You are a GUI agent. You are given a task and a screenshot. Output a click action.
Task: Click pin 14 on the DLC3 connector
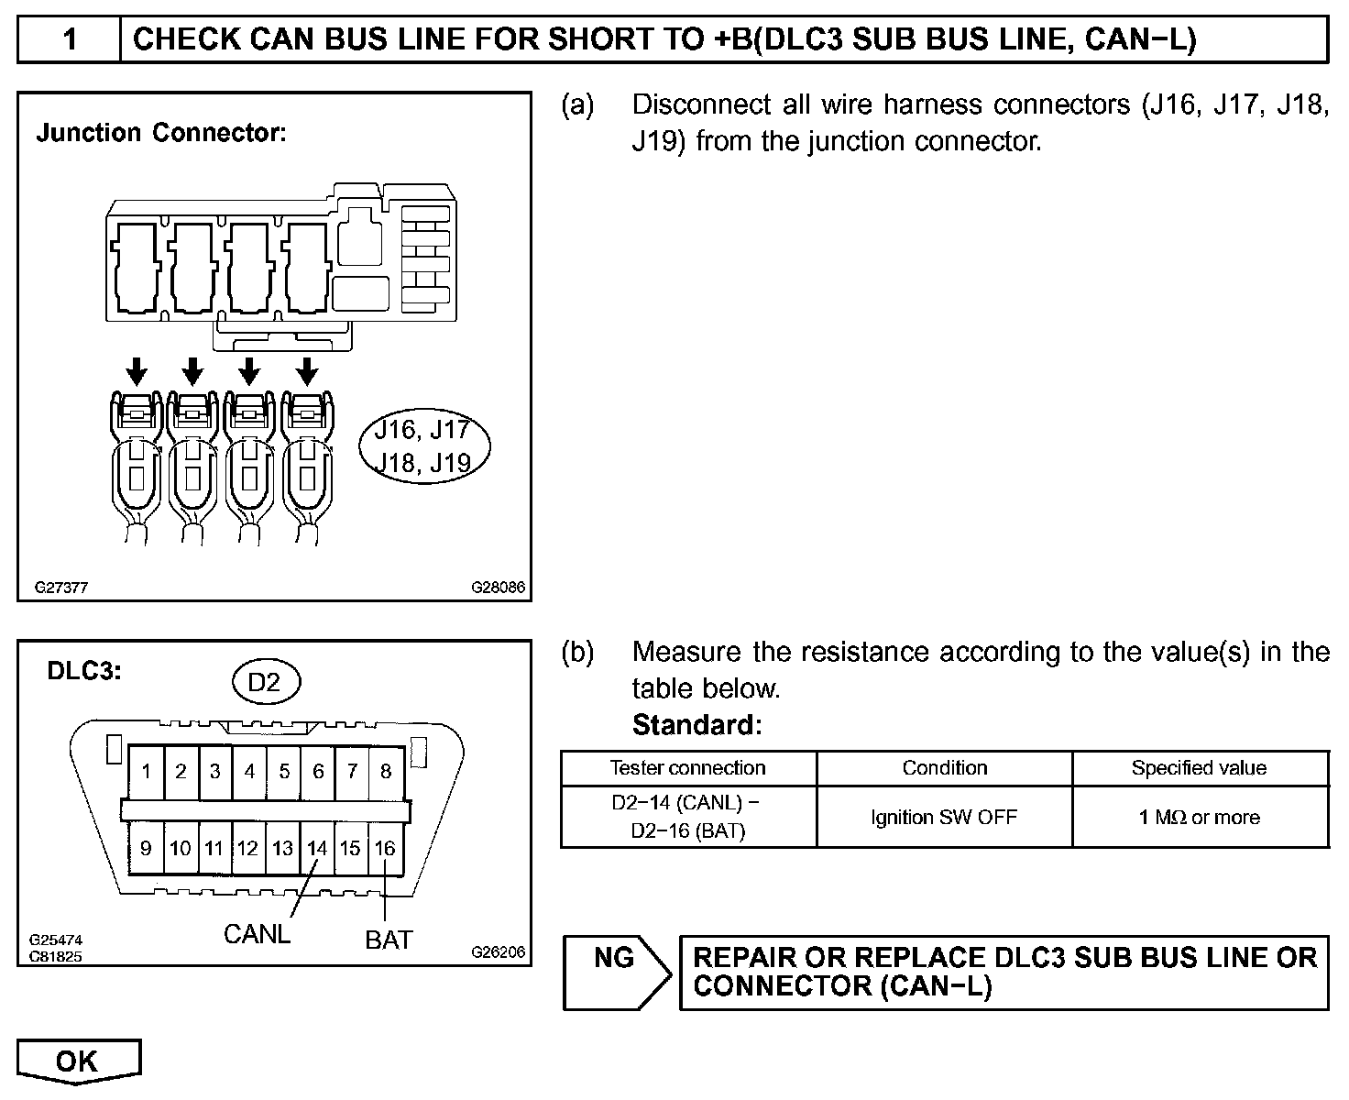tap(317, 848)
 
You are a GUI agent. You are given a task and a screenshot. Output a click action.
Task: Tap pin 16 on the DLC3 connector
tap(385, 848)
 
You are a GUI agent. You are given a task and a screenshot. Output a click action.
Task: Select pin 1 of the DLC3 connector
tap(146, 771)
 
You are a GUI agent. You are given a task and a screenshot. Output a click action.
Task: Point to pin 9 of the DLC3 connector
tap(146, 848)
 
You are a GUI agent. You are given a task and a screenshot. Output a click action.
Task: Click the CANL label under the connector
tap(257, 934)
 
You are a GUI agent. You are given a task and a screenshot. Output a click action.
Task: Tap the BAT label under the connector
tap(389, 940)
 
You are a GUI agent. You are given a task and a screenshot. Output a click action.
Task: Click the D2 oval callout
tap(264, 681)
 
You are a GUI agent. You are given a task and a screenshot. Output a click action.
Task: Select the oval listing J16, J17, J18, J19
tap(425, 446)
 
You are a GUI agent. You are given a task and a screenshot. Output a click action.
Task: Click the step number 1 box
tap(69, 39)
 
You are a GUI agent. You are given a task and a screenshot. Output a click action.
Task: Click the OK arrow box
tap(78, 1061)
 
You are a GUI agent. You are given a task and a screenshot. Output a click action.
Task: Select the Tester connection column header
tap(687, 768)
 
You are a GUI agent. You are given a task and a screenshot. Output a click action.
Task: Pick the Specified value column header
tap(1199, 768)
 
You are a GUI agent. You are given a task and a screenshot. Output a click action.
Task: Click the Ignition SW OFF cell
tap(944, 817)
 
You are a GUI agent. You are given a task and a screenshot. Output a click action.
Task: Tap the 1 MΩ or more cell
tap(1199, 817)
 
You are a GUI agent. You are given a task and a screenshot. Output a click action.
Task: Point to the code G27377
tap(61, 588)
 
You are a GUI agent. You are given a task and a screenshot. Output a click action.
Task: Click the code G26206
tap(499, 952)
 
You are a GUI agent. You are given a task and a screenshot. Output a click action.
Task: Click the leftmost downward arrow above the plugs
tap(136, 371)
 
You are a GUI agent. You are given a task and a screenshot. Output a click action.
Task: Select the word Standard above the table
tap(696, 725)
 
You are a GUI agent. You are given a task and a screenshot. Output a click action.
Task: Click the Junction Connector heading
tap(161, 133)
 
